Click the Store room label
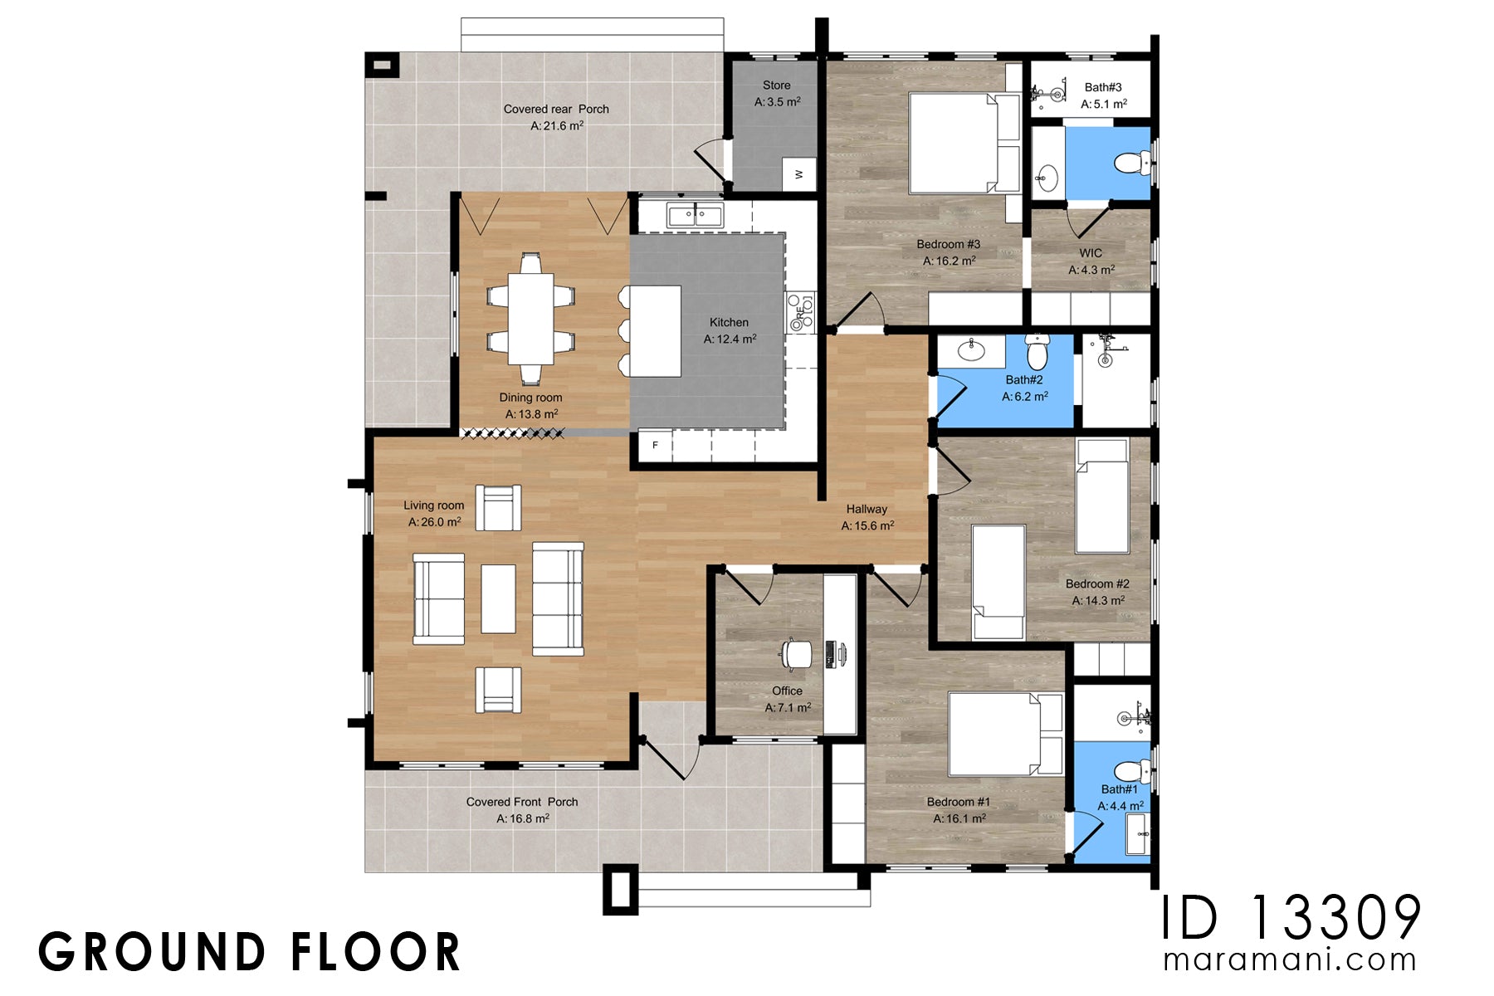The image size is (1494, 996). (x=776, y=85)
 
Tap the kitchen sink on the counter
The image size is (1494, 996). (x=696, y=216)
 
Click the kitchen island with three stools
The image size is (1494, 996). (x=654, y=330)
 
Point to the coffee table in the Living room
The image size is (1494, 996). (x=498, y=598)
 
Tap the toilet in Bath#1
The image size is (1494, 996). (x=1132, y=771)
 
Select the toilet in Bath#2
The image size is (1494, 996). (x=1037, y=352)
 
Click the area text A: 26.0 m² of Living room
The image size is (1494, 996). (x=434, y=522)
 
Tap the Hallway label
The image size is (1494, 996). (x=867, y=509)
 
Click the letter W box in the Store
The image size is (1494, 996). (x=799, y=174)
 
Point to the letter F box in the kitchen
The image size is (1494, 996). (x=655, y=446)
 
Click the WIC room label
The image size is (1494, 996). (x=1091, y=253)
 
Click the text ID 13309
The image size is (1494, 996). (x=1289, y=919)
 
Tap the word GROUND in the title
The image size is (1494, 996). (x=149, y=952)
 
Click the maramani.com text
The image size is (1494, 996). (x=1289, y=959)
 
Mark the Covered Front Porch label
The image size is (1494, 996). (x=521, y=802)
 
